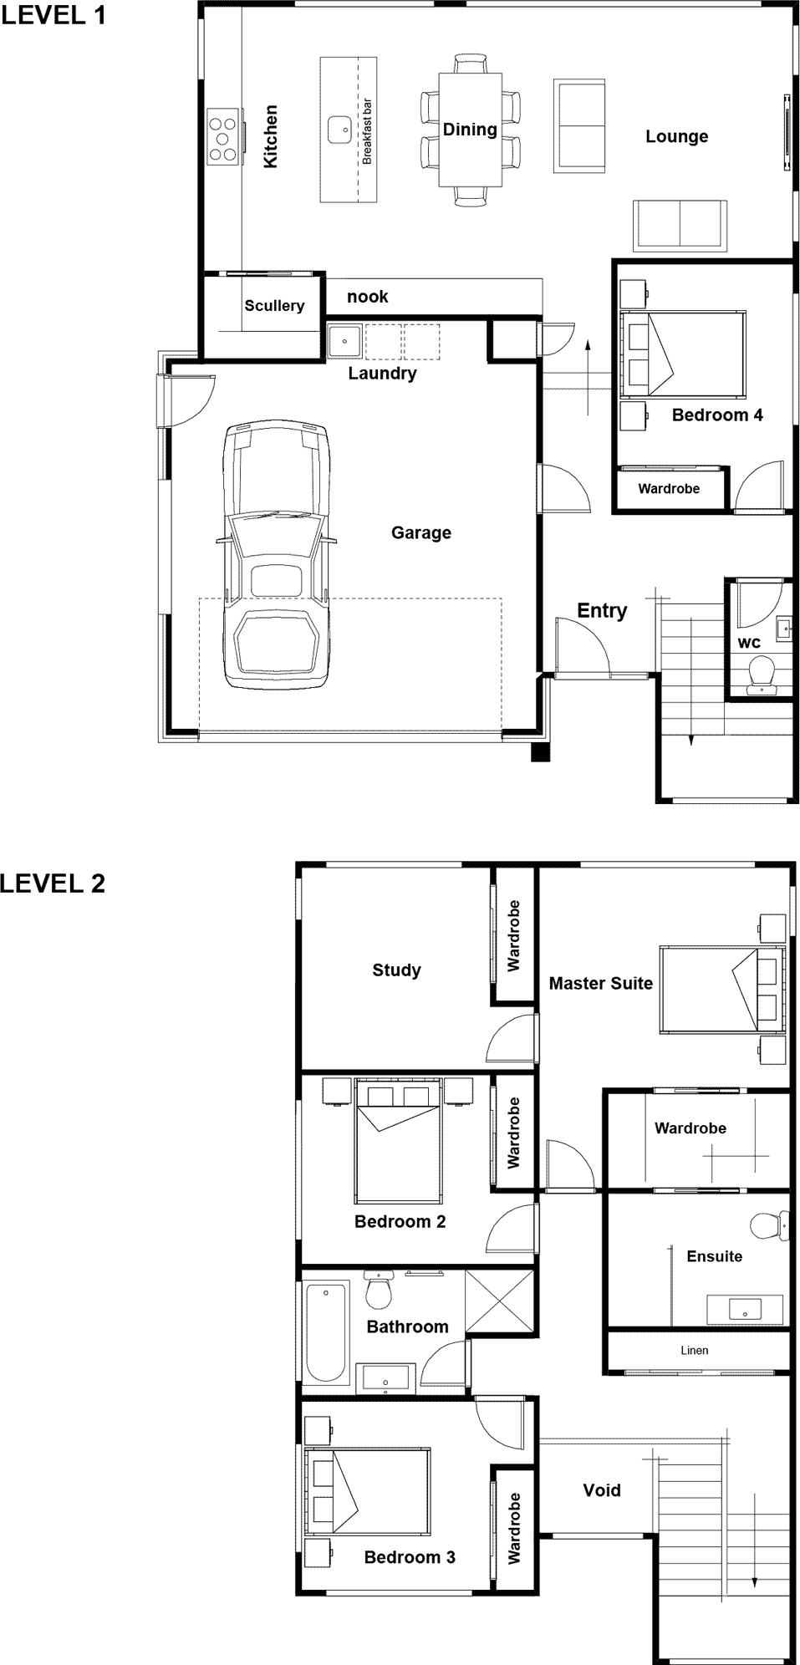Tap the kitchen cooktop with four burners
click(x=223, y=136)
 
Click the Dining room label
click(x=470, y=129)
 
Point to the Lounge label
click(x=676, y=136)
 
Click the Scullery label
click(x=274, y=306)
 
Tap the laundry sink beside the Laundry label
click(x=344, y=340)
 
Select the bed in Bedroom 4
click(x=683, y=354)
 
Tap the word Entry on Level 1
click(x=602, y=611)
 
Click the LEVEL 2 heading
click(x=53, y=883)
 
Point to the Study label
click(x=396, y=970)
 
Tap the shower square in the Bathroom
click(x=499, y=1301)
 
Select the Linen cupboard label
click(x=694, y=1350)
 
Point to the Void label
click(x=602, y=1490)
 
